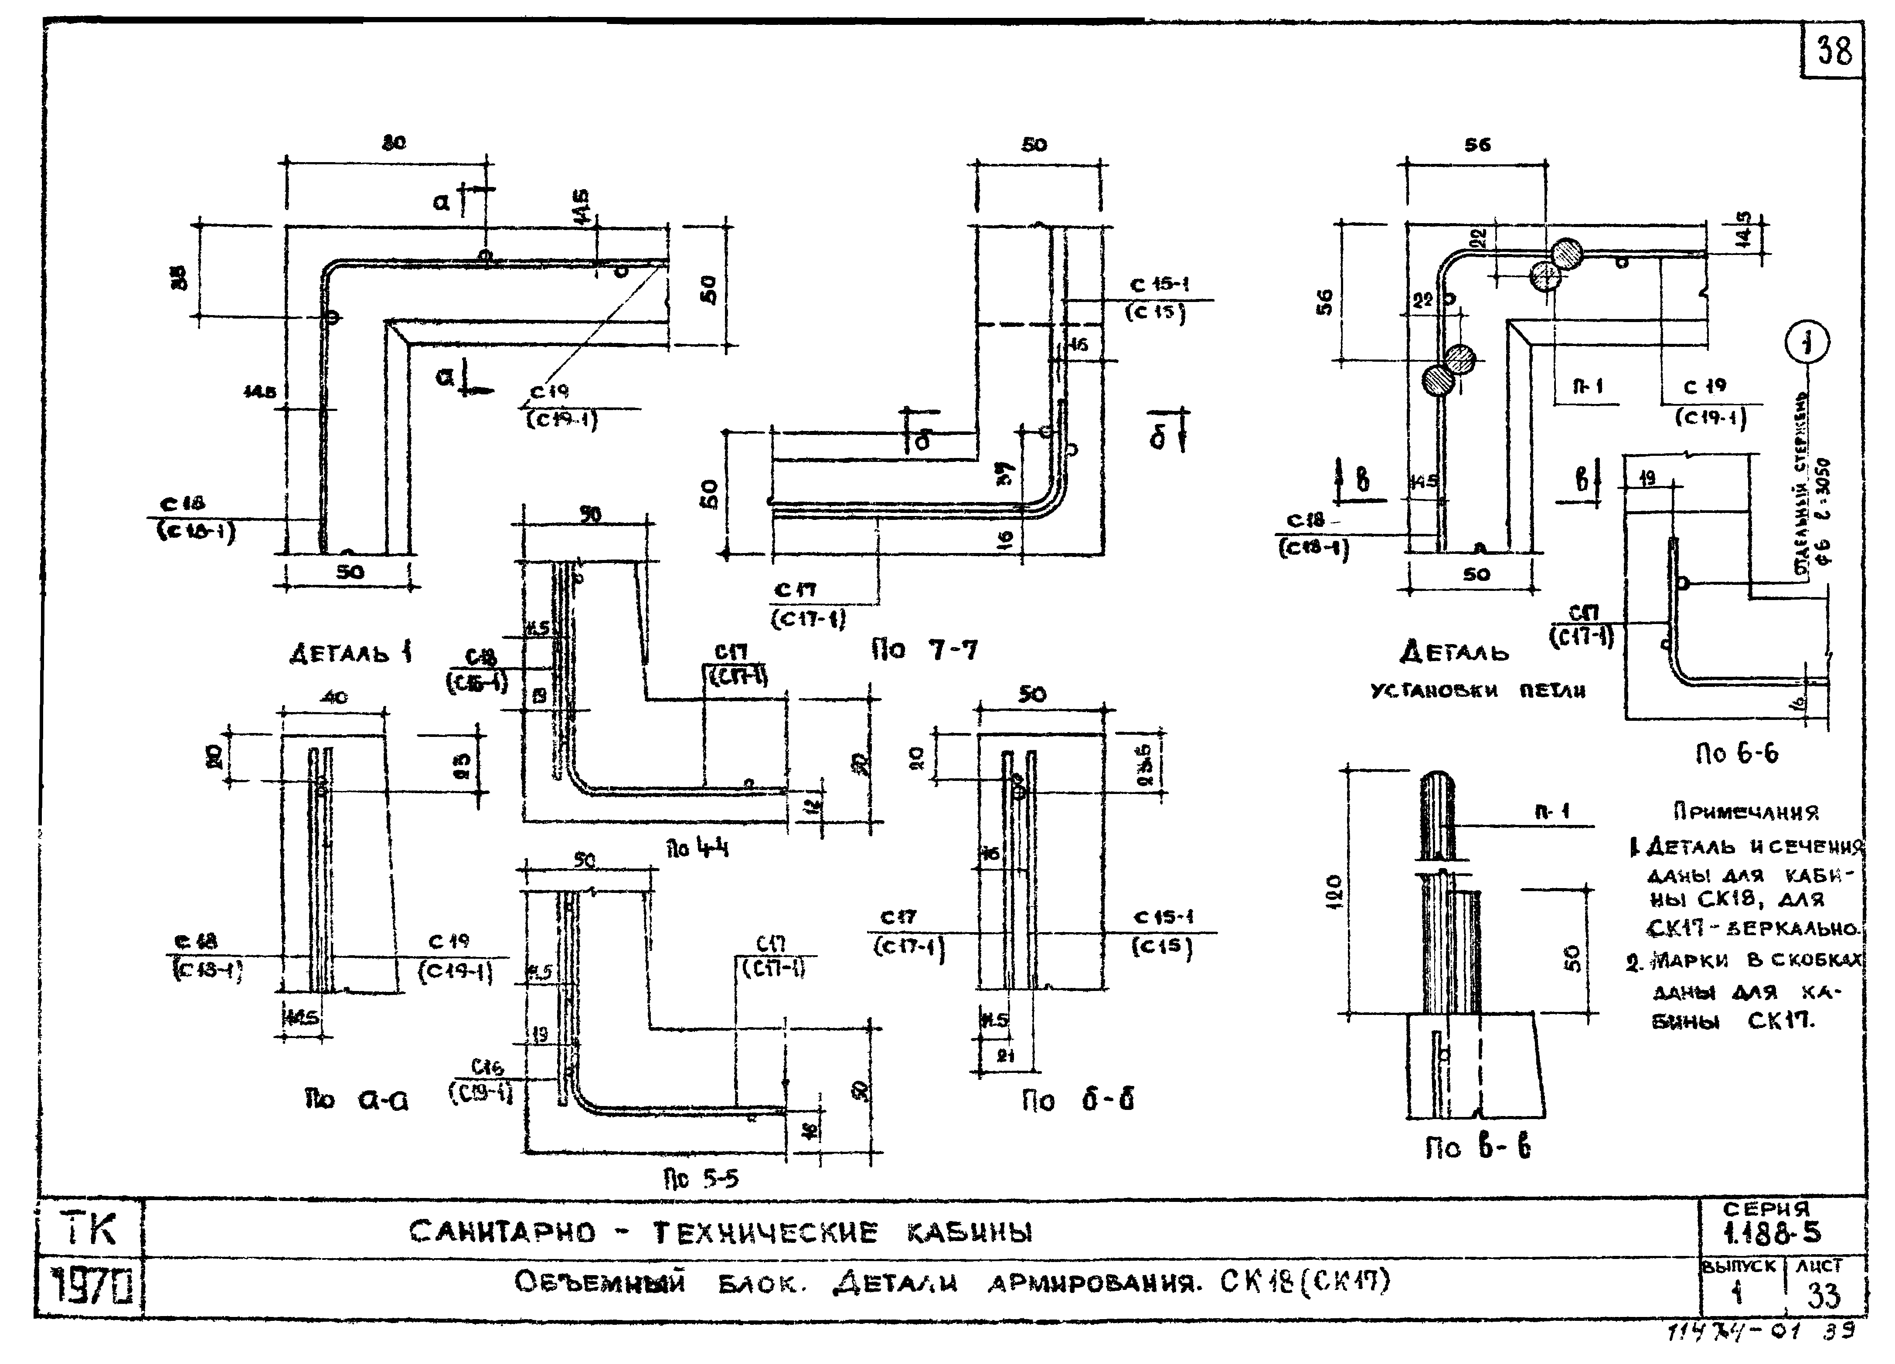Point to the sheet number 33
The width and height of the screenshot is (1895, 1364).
click(x=1823, y=1296)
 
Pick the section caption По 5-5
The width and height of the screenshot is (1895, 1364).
click(x=701, y=1178)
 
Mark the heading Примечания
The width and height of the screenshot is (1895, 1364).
click(x=1745, y=811)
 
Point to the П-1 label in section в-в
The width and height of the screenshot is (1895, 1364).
click(x=1552, y=810)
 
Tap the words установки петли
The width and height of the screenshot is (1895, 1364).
click(x=1477, y=691)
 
